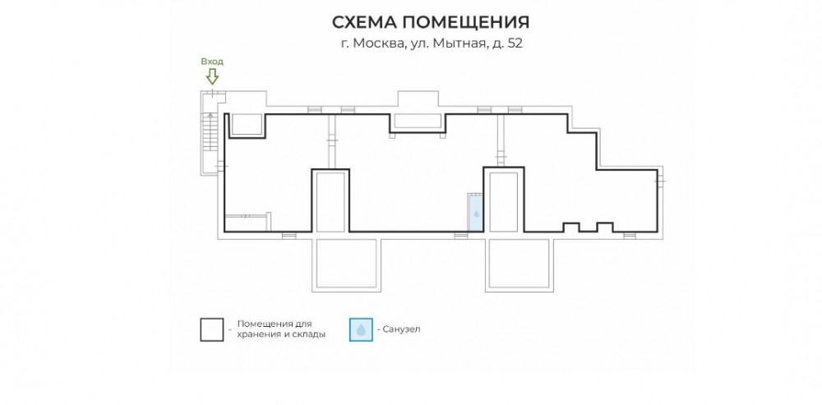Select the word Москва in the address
coord(377,44)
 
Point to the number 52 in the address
coord(515,44)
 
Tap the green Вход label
coord(212,62)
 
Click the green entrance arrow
coord(212,76)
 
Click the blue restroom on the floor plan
coord(475,212)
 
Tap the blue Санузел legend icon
coord(361,329)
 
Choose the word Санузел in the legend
coord(402,329)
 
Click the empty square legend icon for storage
coord(212,329)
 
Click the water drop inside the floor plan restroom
coord(476,214)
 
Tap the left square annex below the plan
coord(346,264)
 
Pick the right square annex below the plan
coord(519,264)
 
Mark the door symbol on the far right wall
coord(660,182)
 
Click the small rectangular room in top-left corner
coord(247,125)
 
